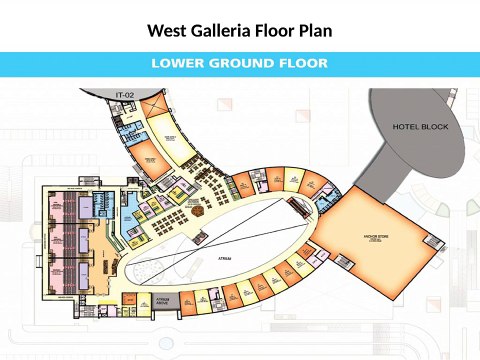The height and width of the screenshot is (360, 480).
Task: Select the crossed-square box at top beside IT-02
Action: tap(155, 104)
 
